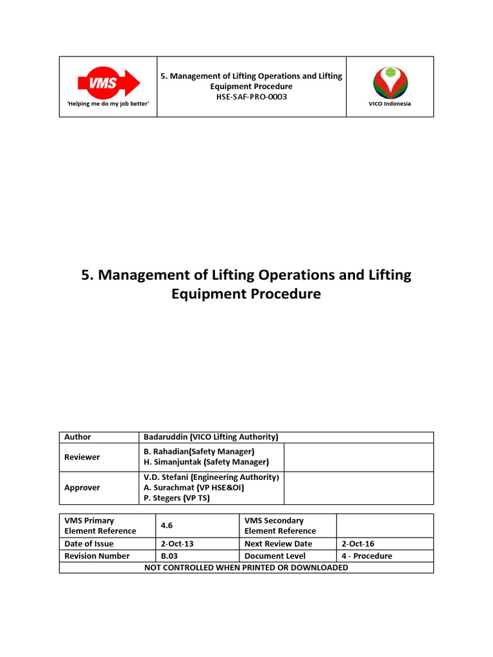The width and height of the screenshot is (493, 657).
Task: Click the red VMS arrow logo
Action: [x=108, y=83]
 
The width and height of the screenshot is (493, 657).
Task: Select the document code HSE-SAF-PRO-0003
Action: [x=251, y=97]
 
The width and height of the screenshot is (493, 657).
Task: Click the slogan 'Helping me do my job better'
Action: [x=108, y=104]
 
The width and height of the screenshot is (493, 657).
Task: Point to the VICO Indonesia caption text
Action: [x=390, y=104]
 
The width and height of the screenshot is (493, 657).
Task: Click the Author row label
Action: [x=78, y=437]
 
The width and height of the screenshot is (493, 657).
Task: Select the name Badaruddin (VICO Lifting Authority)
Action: [x=211, y=437]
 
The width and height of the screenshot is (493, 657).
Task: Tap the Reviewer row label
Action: [x=82, y=457]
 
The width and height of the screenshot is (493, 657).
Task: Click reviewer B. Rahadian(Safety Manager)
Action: [x=199, y=452]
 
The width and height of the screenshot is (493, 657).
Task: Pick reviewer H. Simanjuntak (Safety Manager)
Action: [x=206, y=462]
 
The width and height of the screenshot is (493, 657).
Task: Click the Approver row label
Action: [x=82, y=488]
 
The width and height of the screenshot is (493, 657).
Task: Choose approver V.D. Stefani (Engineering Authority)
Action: [x=211, y=477]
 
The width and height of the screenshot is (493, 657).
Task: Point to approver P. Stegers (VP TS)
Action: [x=177, y=498]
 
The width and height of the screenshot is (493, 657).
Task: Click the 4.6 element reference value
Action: [x=167, y=525]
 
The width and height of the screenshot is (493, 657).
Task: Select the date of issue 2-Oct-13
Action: [x=177, y=543]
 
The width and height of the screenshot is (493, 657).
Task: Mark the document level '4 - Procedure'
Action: [x=367, y=556]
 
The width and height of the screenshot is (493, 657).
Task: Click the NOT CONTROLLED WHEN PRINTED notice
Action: [x=246, y=567]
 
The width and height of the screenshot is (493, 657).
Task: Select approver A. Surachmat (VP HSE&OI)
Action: [x=194, y=488]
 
